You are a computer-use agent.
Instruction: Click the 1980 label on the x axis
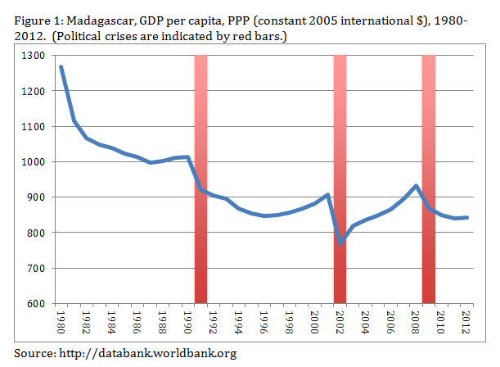61,321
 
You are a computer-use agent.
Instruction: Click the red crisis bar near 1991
200,180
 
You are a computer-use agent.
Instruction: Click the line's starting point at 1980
61,67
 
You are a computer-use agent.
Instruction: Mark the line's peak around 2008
417,186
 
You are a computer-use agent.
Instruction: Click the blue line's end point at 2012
466,217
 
